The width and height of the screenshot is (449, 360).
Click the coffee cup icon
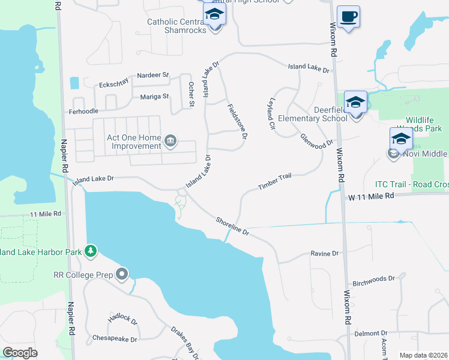point(348,16)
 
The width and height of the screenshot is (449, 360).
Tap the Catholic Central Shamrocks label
point(177,27)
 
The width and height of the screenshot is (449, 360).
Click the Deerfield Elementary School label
point(331,114)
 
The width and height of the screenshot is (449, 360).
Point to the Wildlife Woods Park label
point(423,125)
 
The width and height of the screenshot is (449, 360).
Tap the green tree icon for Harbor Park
point(91,251)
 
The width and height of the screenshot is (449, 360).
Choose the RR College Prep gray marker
point(122,275)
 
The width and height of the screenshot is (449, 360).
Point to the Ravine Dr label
point(325,254)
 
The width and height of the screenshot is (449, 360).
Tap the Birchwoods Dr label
point(373,279)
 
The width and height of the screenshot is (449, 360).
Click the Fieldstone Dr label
point(237,122)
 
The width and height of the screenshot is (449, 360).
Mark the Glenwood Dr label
point(316,140)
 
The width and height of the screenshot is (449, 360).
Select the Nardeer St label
point(152,75)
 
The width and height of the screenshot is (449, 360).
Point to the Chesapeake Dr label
point(115,338)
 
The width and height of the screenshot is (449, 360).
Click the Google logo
point(20,353)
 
